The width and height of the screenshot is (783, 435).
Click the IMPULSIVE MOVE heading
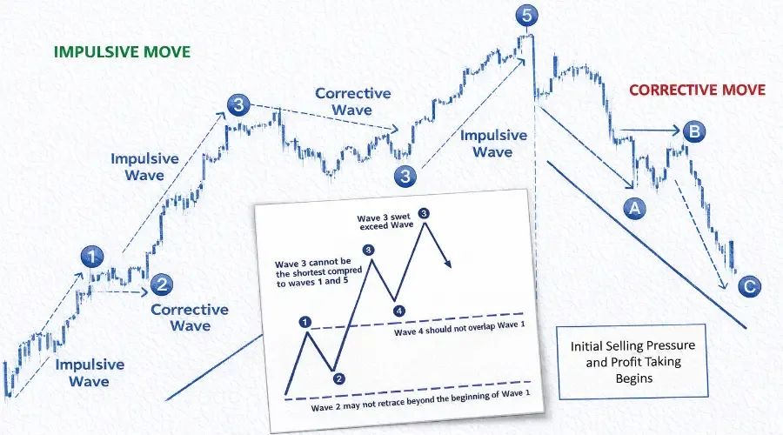click(122, 51)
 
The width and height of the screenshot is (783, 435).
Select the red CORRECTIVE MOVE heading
click(697, 90)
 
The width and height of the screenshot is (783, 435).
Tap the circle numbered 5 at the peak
click(525, 15)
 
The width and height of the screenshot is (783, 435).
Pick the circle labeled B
click(694, 132)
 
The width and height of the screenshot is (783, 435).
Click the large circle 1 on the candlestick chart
click(93, 257)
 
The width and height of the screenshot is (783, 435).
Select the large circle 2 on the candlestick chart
click(162, 282)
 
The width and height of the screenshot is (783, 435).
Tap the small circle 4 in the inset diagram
click(398, 310)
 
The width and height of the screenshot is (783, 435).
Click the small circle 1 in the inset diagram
click(305, 322)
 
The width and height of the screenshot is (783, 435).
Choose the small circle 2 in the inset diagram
click(338, 378)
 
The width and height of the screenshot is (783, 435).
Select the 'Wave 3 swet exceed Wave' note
click(385, 223)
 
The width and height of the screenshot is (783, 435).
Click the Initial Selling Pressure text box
click(632, 360)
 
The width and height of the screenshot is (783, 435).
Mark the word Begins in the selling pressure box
click(632, 378)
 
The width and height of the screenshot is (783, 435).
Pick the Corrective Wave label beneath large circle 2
click(190, 318)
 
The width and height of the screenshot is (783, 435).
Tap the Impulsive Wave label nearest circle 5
click(493, 144)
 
